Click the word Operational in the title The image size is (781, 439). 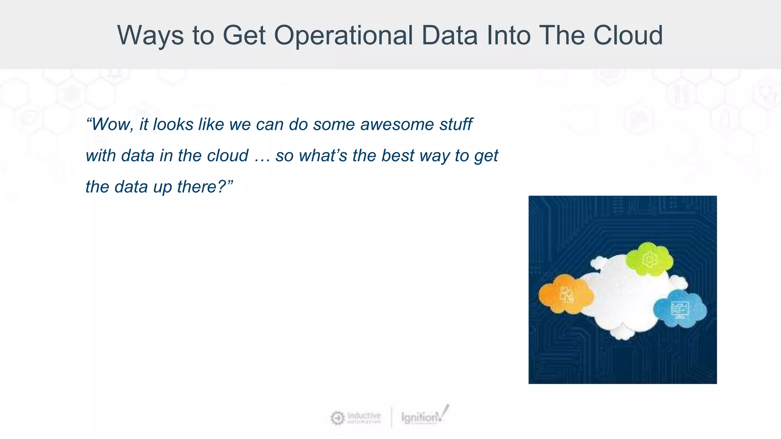tap(343, 35)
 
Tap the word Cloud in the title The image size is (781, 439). tap(628, 35)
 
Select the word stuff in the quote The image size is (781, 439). tap(456, 125)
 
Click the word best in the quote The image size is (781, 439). tap(397, 156)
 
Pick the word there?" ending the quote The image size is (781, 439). tap(205, 187)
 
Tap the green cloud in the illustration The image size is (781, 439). tap(649, 259)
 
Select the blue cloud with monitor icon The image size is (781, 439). tap(680, 309)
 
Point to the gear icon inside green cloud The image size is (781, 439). tap(649, 260)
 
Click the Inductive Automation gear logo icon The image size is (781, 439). tap(337, 418)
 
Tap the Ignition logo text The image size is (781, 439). tap(419, 418)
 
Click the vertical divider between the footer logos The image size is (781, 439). tap(391, 417)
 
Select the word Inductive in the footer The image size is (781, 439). tap(364, 415)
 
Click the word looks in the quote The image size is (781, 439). tap(173, 125)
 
